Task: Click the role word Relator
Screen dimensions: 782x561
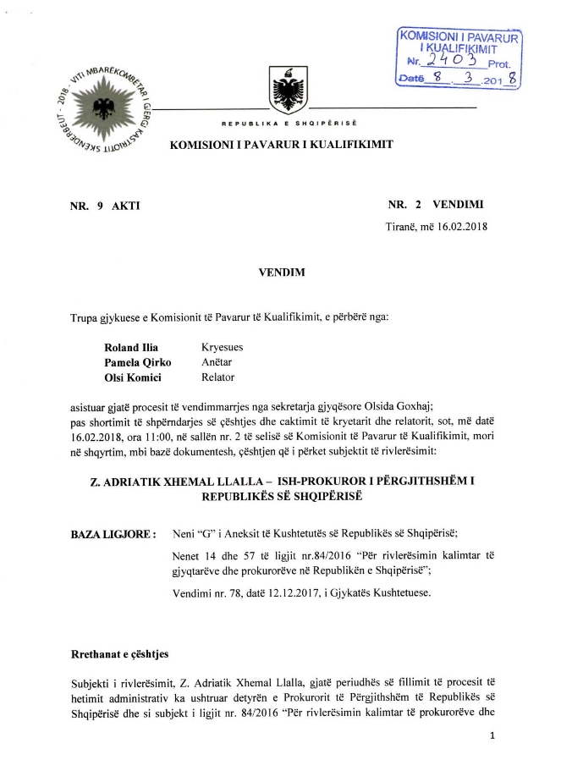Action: coord(217,377)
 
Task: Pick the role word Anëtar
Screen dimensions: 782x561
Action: coord(217,362)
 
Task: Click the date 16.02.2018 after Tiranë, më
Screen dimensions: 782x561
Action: coord(459,226)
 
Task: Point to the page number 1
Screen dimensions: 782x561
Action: coord(491,737)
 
